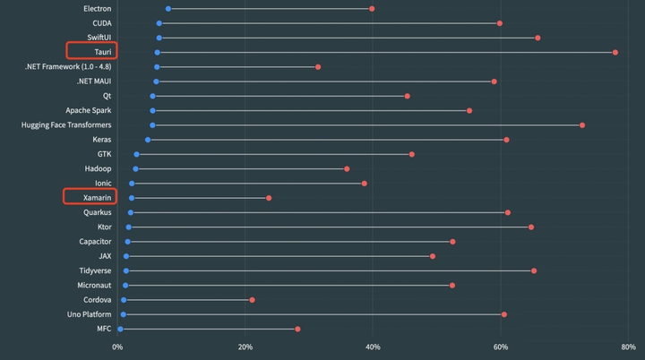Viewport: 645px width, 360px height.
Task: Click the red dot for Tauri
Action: tap(615, 52)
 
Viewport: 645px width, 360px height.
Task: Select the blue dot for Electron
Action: tap(168, 9)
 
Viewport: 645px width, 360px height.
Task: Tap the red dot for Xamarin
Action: tap(269, 198)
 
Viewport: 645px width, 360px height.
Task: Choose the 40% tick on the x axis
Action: tap(374, 346)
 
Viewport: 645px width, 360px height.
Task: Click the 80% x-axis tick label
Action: tap(627, 346)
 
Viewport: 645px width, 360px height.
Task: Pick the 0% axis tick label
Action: tap(117, 346)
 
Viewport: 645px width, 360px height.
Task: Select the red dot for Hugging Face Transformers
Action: tap(582, 124)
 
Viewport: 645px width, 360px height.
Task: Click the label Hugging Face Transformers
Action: tap(66, 124)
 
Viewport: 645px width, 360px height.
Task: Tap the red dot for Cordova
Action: tap(253, 299)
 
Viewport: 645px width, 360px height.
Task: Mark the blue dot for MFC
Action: tap(120, 329)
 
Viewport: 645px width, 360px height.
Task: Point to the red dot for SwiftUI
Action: tap(537, 38)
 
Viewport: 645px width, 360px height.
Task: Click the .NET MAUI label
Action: tap(94, 81)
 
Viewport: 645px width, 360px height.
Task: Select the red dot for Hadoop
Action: tap(347, 168)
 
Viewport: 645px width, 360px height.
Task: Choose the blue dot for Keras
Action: tap(148, 140)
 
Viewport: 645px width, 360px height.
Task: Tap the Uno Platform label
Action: tap(90, 314)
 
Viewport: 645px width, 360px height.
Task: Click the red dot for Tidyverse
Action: tap(534, 270)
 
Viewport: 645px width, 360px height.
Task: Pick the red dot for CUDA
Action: tap(500, 23)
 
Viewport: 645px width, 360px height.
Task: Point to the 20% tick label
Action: tap(245, 346)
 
